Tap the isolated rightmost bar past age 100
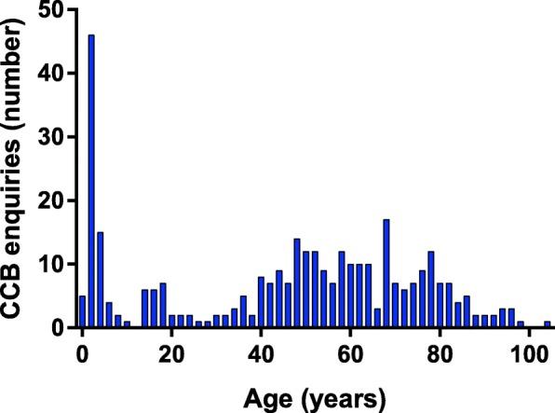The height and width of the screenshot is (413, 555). pyautogui.click(x=548, y=324)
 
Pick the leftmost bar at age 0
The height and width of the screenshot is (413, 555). pyautogui.click(x=82, y=312)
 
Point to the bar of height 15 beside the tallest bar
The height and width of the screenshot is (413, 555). pyautogui.click(x=100, y=281)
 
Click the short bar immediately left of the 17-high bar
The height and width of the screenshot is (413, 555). pyautogui.click(x=377, y=319)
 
